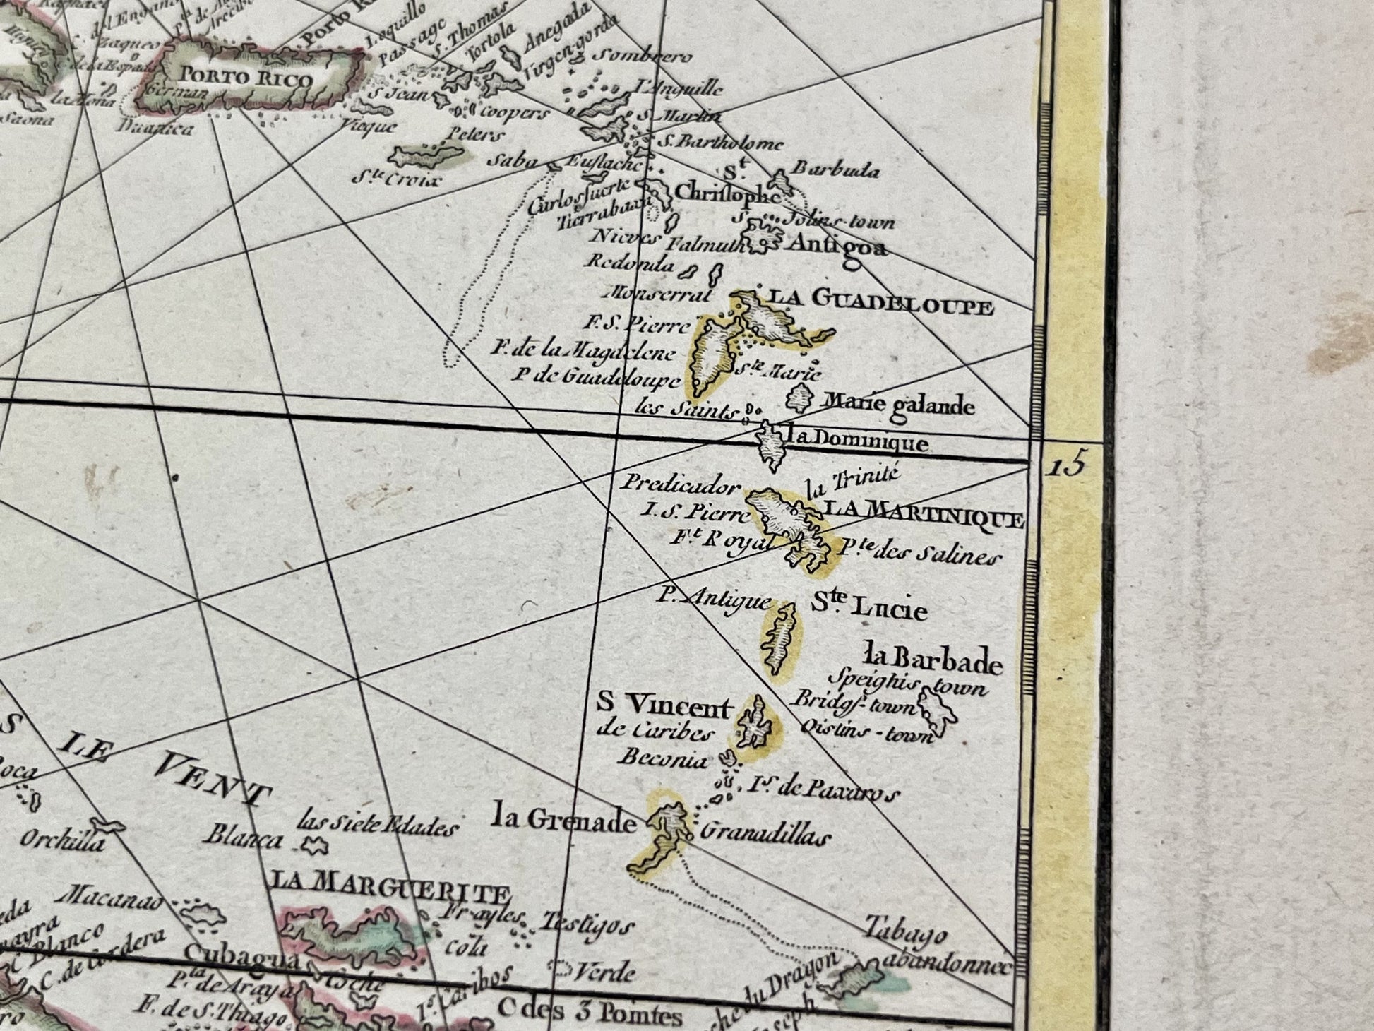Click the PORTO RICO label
pos(246,77)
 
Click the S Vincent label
pos(665,704)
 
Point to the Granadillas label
pos(763,835)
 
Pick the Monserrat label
pos(659,292)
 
